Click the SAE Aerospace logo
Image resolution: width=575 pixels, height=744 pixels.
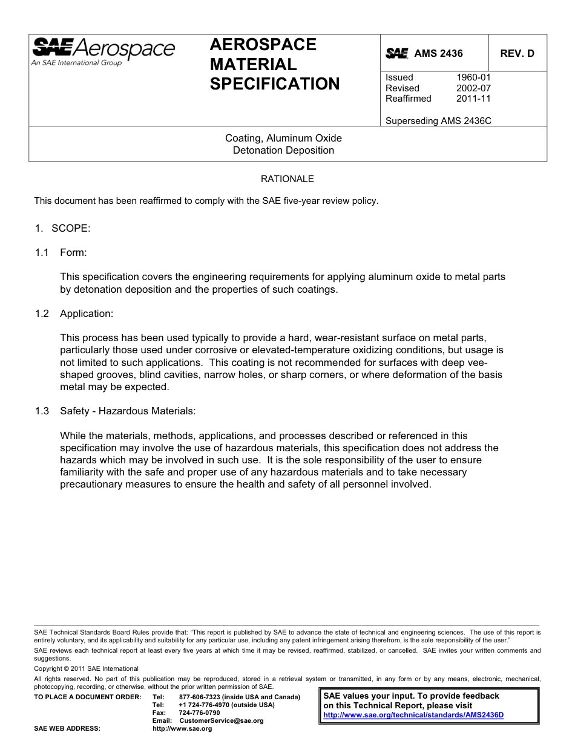click(x=103, y=51)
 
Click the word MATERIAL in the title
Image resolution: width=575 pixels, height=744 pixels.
click(x=253, y=64)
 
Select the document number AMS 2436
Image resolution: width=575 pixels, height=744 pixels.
click(x=438, y=53)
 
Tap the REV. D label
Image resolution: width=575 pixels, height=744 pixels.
click(x=517, y=53)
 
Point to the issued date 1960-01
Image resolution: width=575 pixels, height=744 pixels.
click(x=473, y=77)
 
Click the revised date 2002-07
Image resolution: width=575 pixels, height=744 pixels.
click(x=473, y=88)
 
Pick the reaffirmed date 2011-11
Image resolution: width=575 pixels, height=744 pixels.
click(x=473, y=99)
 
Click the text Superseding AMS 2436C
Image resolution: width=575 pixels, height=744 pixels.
click(x=438, y=120)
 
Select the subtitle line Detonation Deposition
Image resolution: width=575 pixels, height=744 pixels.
click(x=283, y=150)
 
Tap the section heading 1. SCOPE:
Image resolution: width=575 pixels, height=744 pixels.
click(x=62, y=228)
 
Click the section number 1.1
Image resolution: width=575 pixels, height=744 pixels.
click(x=42, y=252)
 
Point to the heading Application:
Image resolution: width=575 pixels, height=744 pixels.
click(x=87, y=313)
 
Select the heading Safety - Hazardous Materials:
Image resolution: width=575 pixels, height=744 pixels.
click(x=128, y=411)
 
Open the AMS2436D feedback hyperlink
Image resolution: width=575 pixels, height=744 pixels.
click(x=413, y=715)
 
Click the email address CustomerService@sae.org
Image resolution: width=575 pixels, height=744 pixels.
click(x=222, y=720)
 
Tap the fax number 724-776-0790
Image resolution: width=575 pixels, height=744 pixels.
click(x=200, y=713)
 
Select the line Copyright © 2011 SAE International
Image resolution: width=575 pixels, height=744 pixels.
click(x=86, y=668)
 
